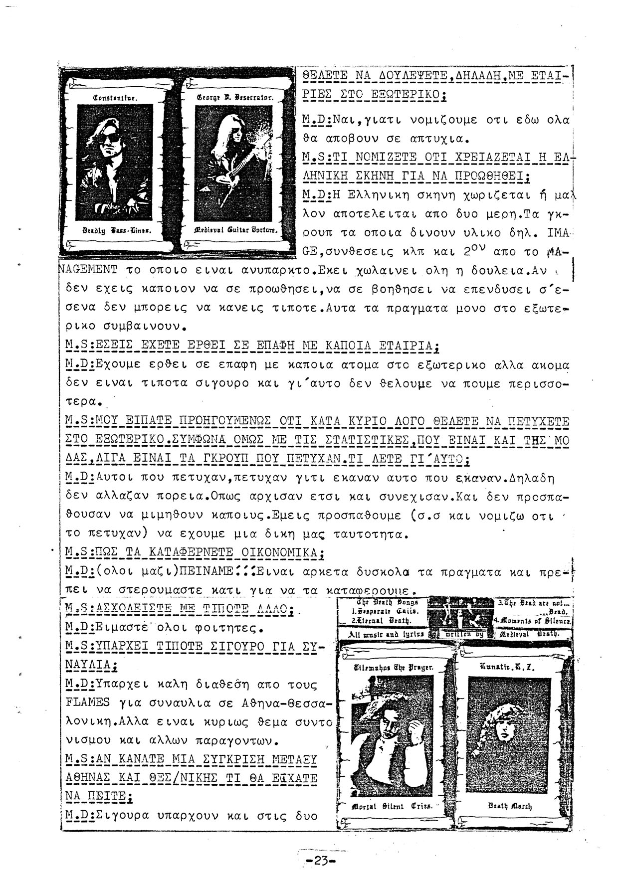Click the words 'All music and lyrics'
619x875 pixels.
pos(381,634)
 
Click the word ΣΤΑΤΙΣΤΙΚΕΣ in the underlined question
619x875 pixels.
pos(365,441)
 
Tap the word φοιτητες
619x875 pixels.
pos(234,627)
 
